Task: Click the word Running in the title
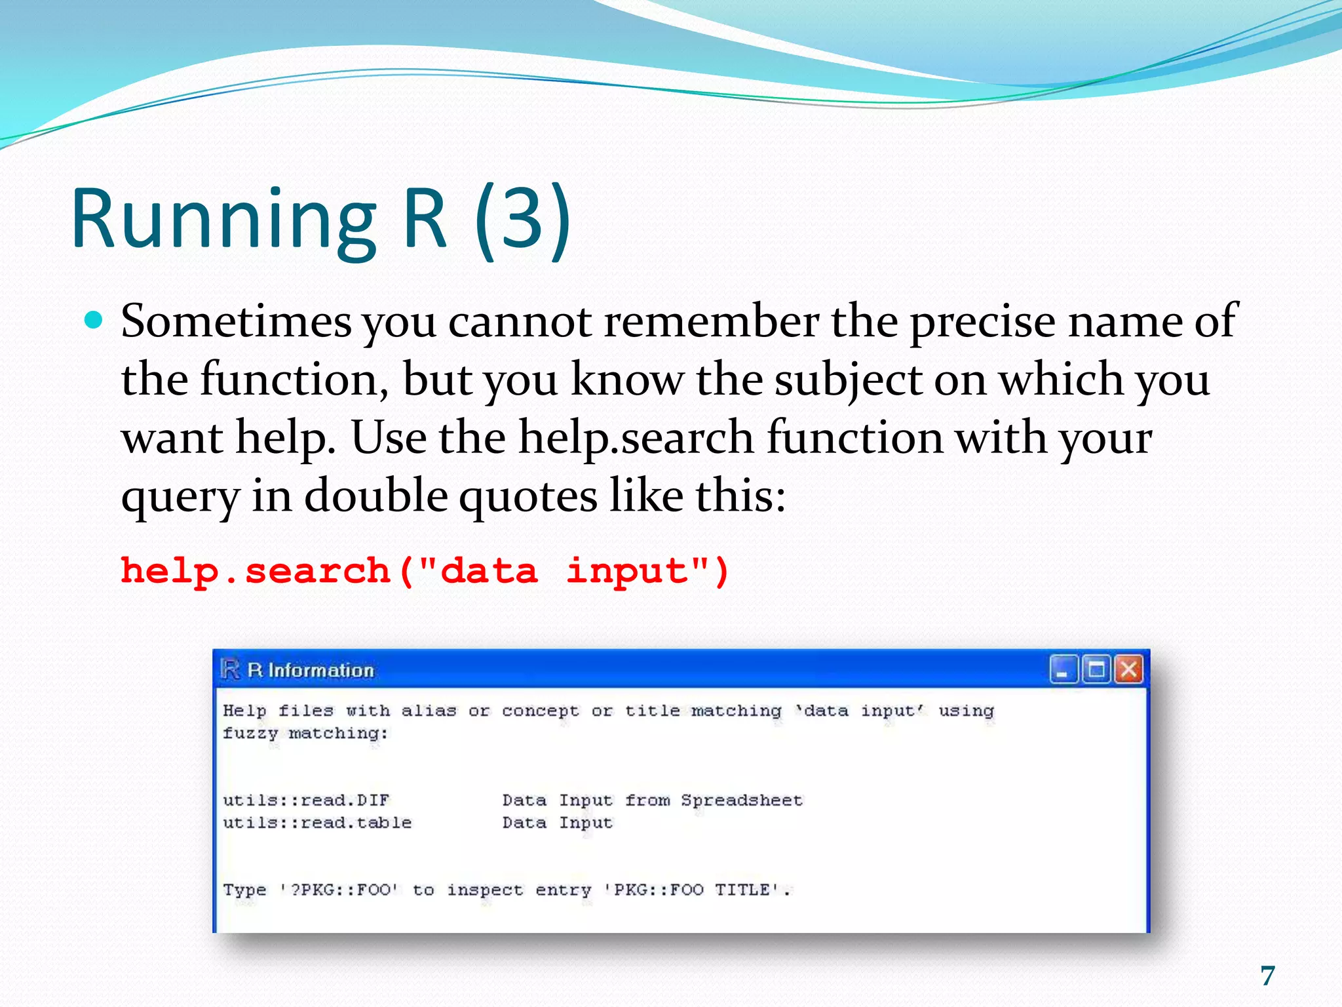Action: [x=223, y=220]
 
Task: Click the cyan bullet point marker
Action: [x=95, y=321]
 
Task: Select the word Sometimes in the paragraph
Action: [x=236, y=321]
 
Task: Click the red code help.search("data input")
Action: [x=425, y=570]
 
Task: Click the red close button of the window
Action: [x=1128, y=670]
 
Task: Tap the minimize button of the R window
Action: [x=1063, y=670]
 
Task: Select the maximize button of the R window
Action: [x=1096, y=670]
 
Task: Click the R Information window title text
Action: [x=311, y=670]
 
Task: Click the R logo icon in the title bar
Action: [x=230, y=669]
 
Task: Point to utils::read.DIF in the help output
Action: [x=306, y=800]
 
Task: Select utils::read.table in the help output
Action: [x=317, y=822]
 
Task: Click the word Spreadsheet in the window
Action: [x=741, y=800]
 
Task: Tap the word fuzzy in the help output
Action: [x=250, y=733]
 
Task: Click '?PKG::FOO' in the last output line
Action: [x=339, y=890]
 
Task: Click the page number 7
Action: [x=1267, y=976]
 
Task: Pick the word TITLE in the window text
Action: [x=742, y=890]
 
